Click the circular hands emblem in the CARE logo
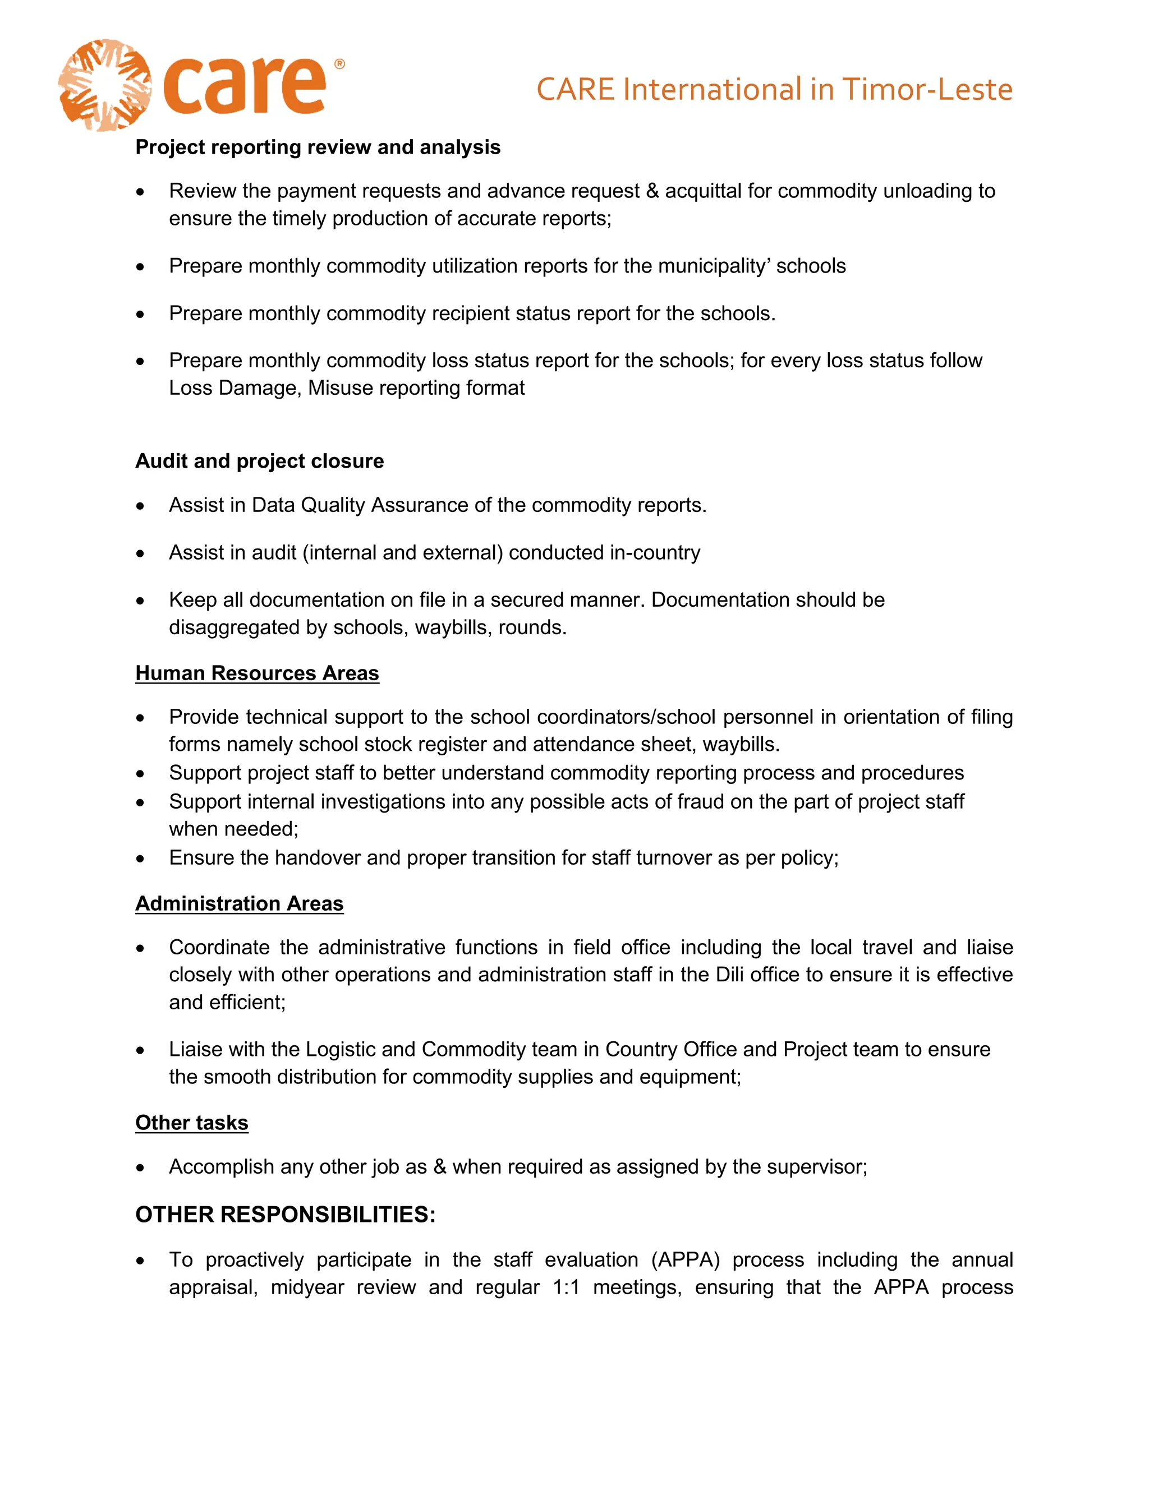pyautogui.click(x=104, y=86)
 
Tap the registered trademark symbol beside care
pyautogui.click(x=339, y=64)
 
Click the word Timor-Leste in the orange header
pyautogui.click(x=927, y=90)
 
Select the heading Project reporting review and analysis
pyautogui.click(x=318, y=147)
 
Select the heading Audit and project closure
pyautogui.click(x=259, y=462)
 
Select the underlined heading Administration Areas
pyautogui.click(x=239, y=903)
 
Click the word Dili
pyautogui.click(x=730, y=975)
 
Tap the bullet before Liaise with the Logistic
pyautogui.click(x=140, y=1050)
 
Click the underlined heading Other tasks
pyautogui.click(x=191, y=1123)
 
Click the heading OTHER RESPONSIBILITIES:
pyautogui.click(x=285, y=1215)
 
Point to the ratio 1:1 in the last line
pyautogui.click(x=566, y=1287)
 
